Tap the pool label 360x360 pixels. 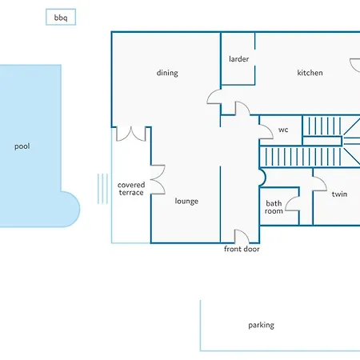(22, 146)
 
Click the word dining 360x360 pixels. (167, 73)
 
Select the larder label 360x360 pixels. (238, 59)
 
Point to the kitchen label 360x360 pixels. (310, 73)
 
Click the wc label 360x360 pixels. (283, 130)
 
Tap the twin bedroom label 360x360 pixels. (339, 194)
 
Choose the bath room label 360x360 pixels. (274, 207)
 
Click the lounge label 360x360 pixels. (186, 201)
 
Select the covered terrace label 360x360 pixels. (131, 189)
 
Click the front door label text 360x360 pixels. (242, 249)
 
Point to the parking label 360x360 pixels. (261, 325)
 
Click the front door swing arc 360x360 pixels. (244, 233)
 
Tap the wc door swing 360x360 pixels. (270, 129)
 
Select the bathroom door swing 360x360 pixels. (290, 201)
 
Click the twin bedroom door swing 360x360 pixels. (323, 181)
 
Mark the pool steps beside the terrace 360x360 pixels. (102, 189)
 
